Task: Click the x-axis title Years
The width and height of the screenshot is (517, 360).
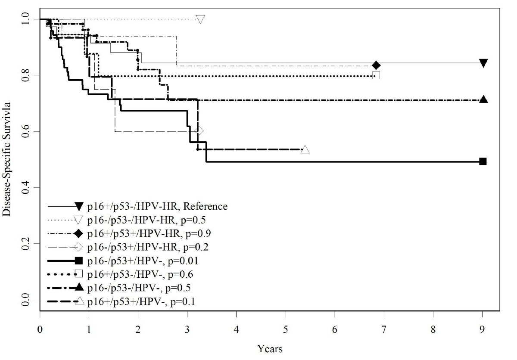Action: point(270,349)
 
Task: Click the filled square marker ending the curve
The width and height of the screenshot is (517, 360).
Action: point(483,161)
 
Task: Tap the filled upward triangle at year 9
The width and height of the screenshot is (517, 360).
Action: point(483,99)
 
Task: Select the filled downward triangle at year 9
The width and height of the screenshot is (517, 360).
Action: point(483,63)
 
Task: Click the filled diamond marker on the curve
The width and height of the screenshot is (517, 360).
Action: point(376,65)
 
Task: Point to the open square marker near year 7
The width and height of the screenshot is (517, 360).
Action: point(376,76)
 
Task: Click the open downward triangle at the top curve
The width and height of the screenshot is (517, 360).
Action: point(200,19)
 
